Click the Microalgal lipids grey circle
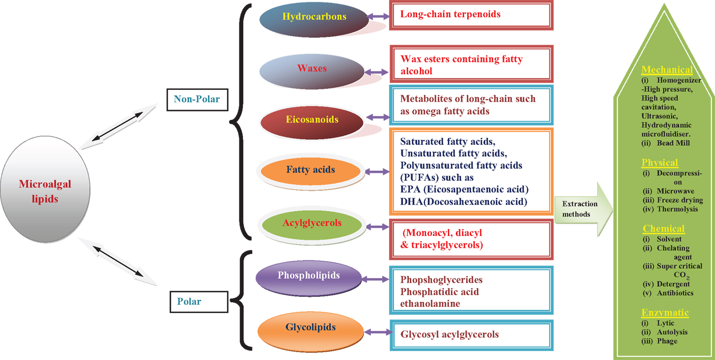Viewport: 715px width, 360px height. pyautogui.click(x=45, y=189)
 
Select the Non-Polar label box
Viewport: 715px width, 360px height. pyautogui.click(x=197, y=100)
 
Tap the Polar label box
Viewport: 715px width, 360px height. pyautogui.click(x=199, y=302)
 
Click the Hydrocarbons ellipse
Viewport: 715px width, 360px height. pyautogui.click(x=314, y=20)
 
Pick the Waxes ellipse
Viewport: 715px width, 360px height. pyautogui.click(x=312, y=71)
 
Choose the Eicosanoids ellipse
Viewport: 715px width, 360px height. pyautogui.click(x=312, y=122)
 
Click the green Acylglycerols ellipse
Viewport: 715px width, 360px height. pyautogui.click(x=312, y=225)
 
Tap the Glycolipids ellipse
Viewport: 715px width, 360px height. pyautogui.click(x=311, y=332)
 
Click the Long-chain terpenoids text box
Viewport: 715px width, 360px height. pyautogui.click(x=471, y=15)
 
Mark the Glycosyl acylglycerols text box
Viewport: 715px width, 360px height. pyautogui.click(x=471, y=335)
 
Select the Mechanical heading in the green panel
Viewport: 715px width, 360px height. pyautogui.click(x=667, y=70)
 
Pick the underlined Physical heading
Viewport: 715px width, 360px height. pyautogui.click(x=660, y=163)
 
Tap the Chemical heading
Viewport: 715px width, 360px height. pyautogui.click(x=664, y=229)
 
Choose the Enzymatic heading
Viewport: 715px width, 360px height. pyautogui.click(x=665, y=313)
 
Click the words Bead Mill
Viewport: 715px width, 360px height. pyautogui.click(x=673, y=143)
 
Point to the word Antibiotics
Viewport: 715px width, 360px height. pyautogui.click(x=675, y=293)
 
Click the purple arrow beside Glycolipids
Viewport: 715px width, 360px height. pyautogui.click(x=378, y=332)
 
